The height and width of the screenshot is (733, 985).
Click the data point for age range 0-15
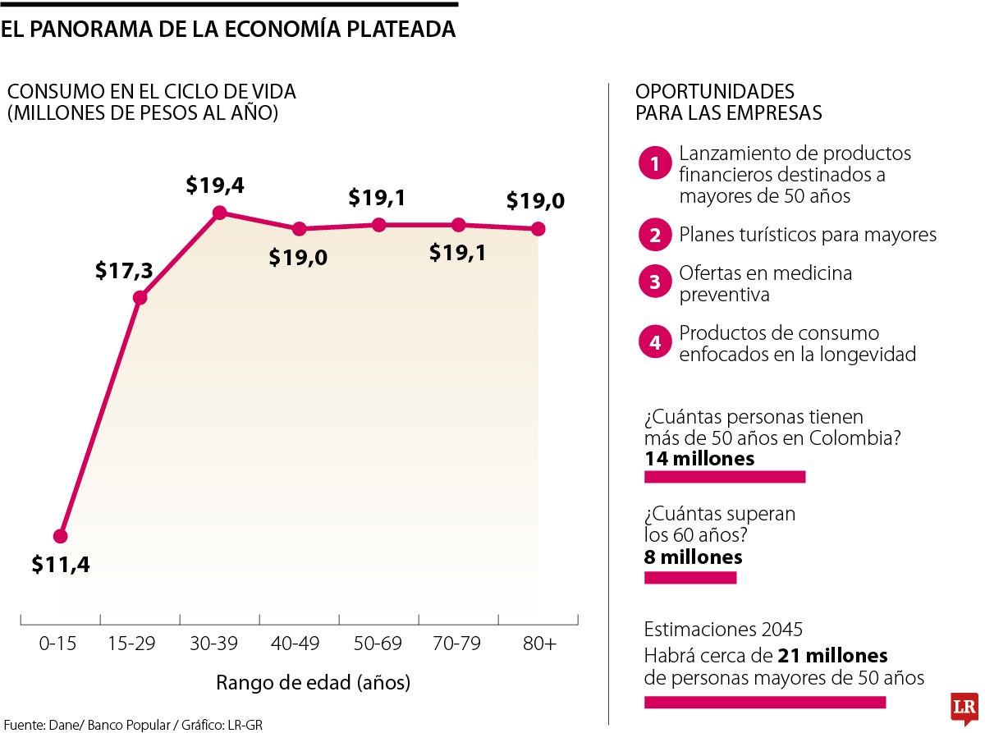click(x=60, y=536)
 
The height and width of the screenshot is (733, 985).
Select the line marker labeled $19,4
click(x=219, y=213)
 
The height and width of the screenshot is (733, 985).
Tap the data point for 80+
click(x=538, y=229)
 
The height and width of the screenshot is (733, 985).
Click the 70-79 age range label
click(x=458, y=644)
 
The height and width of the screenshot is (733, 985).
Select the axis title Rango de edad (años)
click(x=313, y=682)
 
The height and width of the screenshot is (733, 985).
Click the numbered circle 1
click(x=655, y=164)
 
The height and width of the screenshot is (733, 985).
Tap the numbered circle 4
click(x=655, y=343)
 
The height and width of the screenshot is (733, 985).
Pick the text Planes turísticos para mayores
click(x=808, y=236)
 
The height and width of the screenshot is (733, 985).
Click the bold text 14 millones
click(x=699, y=458)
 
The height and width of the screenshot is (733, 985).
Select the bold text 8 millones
click(x=694, y=557)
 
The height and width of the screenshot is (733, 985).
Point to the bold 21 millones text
click(x=833, y=656)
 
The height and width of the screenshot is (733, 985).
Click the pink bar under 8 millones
click(x=690, y=578)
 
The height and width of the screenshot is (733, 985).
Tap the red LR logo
click(x=963, y=707)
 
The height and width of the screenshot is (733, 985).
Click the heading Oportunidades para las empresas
click(x=728, y=102)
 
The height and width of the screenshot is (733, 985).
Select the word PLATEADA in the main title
click(x=393, y=29)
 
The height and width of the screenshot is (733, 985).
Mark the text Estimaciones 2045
click(x=723, y=630)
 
